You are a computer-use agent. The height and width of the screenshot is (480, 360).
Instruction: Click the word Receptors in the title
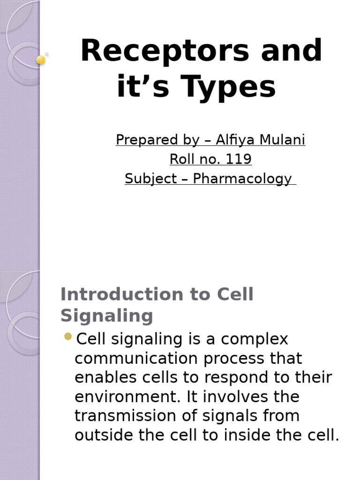[164, 51]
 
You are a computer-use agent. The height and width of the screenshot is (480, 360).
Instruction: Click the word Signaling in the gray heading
[106, 315]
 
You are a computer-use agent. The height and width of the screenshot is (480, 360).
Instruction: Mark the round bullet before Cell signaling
[68, 336]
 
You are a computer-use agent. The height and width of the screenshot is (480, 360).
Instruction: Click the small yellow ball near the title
[41, 60]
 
